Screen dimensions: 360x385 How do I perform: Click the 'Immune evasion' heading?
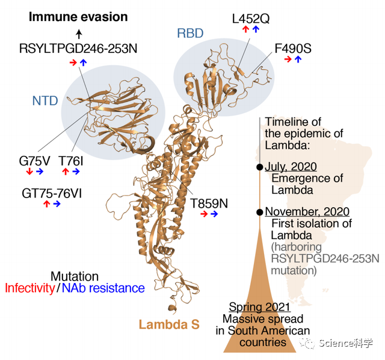coord(78,17)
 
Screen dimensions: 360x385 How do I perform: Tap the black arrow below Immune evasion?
coord(78,34)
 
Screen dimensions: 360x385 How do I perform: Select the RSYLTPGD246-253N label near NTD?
coord(78,48)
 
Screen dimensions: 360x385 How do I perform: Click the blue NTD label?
coord(45,101)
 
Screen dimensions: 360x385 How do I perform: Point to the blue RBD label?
coord(190,33)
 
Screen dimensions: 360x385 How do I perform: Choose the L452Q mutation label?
coord(251,18)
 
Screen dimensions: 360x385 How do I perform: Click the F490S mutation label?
coord(293,48)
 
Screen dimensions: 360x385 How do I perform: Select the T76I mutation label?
coord(71,161)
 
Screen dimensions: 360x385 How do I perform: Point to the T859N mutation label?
coord(209,203)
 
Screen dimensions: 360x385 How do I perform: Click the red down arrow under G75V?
coord(29,172)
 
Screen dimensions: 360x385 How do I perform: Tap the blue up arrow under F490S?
coord(298,60)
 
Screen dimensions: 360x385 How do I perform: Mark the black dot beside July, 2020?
coord(260,167)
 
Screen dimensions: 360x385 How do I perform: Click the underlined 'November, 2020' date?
coord(307,212)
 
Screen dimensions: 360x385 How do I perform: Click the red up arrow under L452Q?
coord(245,29)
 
